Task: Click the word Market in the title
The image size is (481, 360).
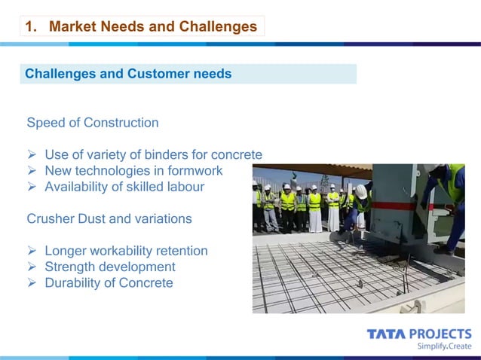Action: point(71,27)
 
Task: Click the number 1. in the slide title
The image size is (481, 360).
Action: point(32,27)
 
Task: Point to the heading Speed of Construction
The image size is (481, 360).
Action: point(93,123)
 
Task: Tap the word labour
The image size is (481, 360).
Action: point(185,187)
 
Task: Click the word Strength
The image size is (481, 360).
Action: point(71,267)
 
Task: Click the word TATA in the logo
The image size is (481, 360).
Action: point(385,334)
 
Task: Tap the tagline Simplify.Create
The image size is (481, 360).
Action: point(444,346)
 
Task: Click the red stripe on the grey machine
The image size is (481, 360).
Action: point(395,205)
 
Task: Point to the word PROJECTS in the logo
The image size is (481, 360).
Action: point(440,334)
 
